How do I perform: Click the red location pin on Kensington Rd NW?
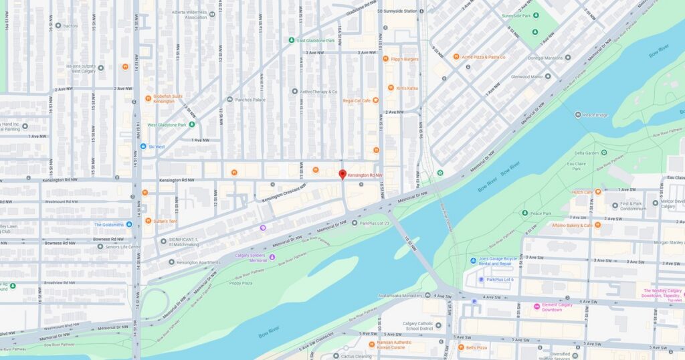click(342, 175)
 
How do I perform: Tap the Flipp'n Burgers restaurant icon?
click(386, 59)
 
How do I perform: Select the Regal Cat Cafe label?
click(357, 101)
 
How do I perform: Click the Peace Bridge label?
click(595, 114)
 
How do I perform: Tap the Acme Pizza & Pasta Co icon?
click(456, 57)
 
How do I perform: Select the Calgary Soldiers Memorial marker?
click(272, 257)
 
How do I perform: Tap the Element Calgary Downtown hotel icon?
click(536, 306)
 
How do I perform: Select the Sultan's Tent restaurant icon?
click(148, 220)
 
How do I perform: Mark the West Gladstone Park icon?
click(192, 124)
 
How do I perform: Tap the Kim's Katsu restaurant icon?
click(391, 88)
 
